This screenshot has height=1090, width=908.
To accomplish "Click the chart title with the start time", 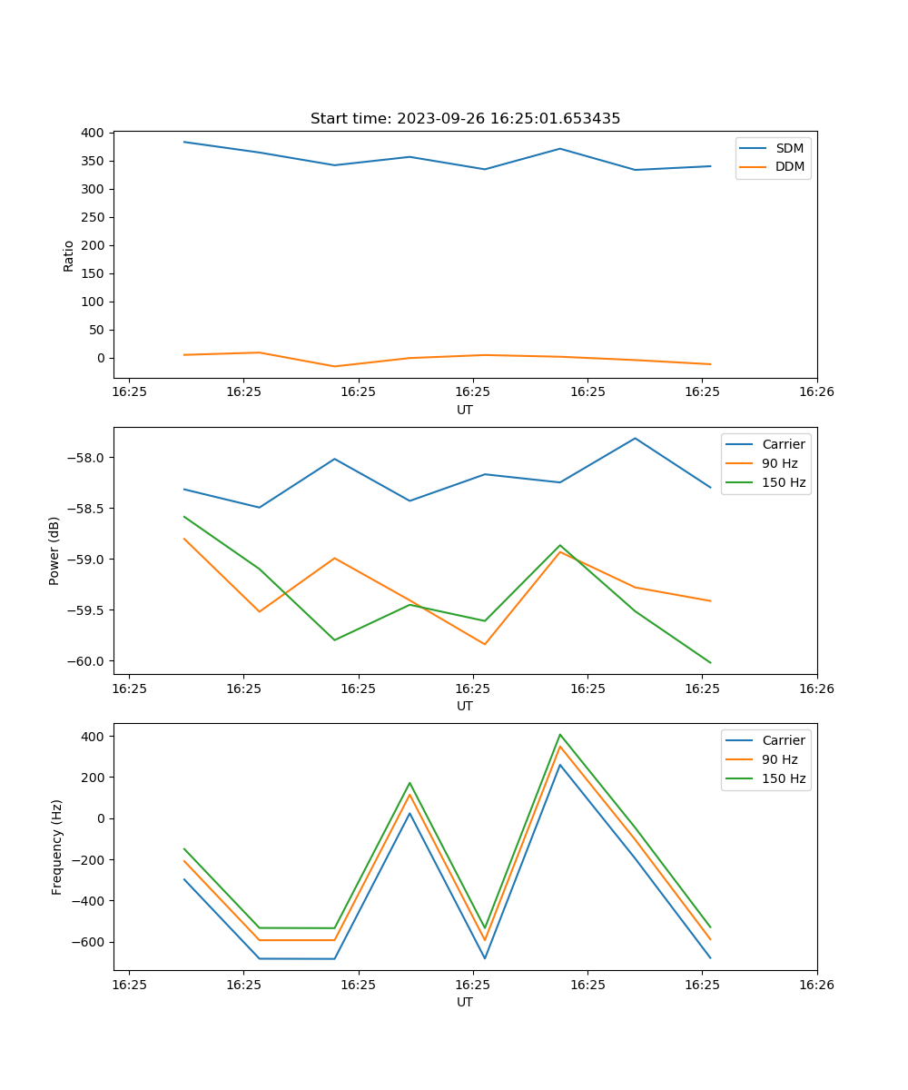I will [x=465, y=119].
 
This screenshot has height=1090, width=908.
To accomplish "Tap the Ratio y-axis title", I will [x=69, y=255].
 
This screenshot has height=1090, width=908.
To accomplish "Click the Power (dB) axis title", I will [x=54, y=550].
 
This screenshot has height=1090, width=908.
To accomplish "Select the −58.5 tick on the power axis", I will [x=85, y=508].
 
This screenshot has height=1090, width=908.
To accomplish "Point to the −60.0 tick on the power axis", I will [x=85, y=661].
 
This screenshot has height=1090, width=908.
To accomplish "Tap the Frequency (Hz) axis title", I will [x=57, y=847].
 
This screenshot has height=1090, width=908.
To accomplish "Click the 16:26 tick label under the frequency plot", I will [x=816, y=984].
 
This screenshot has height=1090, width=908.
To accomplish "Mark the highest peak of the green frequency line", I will [x=560, y=734].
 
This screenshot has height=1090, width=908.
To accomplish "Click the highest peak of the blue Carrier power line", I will [x=635, y=438].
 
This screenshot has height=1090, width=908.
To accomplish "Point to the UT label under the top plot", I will [x=465, y=410].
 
